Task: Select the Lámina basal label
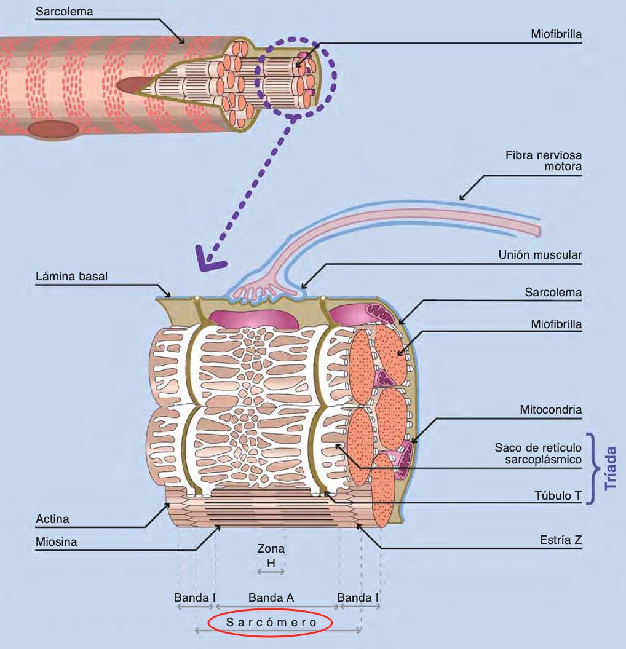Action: point(71,276)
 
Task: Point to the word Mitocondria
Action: point(550,409)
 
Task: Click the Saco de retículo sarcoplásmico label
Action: point(538,454)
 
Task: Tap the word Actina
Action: point(52,519)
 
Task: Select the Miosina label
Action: point(56,542)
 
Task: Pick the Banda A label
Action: point(271,597)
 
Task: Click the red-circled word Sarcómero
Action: point(271,623)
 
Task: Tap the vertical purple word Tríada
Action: point(611,468)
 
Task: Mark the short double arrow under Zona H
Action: point(271,572)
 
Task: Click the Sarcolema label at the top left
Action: point(64,12)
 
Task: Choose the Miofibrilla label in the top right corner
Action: point(556,34)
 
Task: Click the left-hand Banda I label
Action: point(195,597)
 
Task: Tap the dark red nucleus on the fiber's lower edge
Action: point(53,129)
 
